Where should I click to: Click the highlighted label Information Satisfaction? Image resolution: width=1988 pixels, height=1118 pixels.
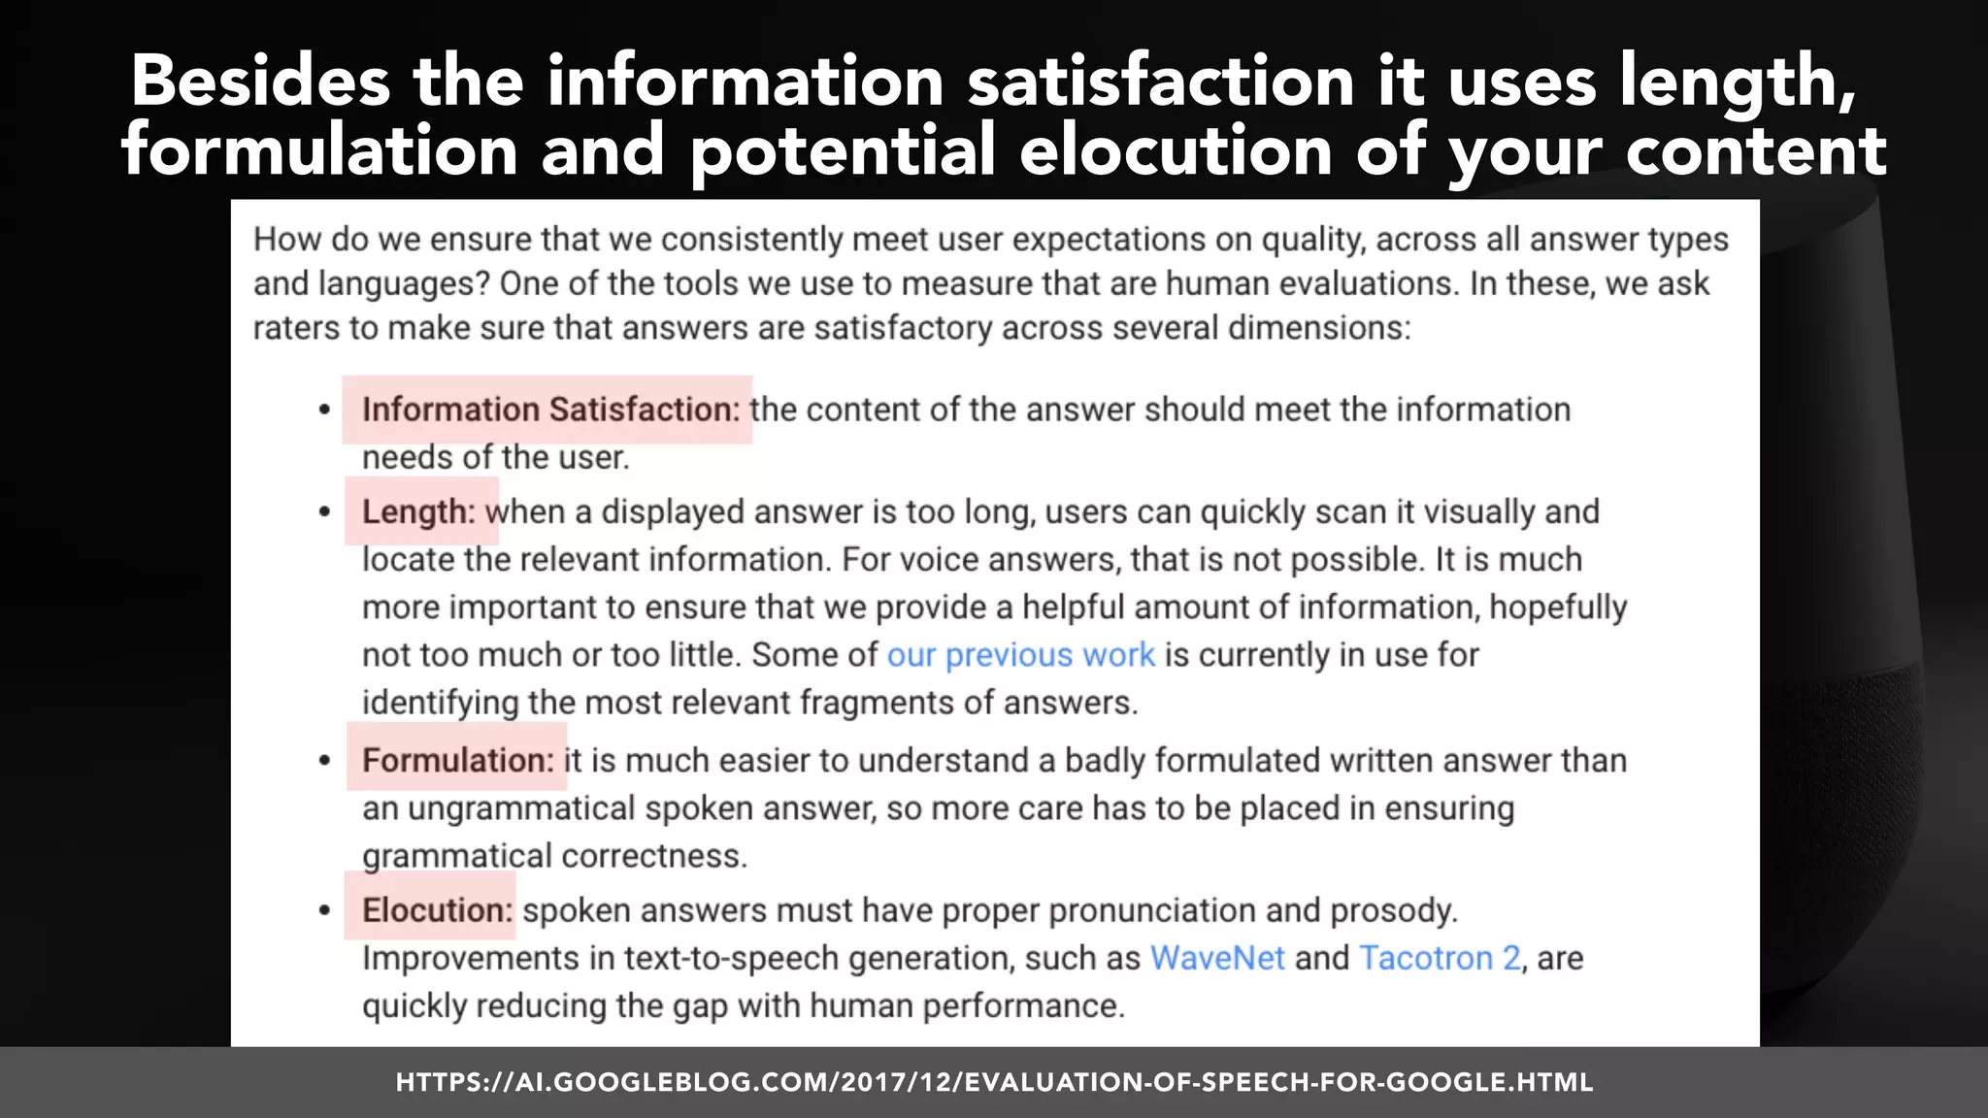click(x=550, y=410)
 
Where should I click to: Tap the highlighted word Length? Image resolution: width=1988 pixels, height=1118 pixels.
click(x=419, y=511)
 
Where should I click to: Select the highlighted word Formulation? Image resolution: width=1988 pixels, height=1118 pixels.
click(x=457, y=760)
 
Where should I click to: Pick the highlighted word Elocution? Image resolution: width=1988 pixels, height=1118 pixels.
click(x=436, y=910)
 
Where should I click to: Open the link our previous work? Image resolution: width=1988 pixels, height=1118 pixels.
click(x=1021, y=655)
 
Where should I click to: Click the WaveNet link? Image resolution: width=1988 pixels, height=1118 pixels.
click(x=1217, y=958)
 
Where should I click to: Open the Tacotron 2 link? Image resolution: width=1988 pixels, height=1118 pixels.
click(x=1440, y=958)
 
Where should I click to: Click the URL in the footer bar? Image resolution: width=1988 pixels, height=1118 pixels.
click(x=994, y=1082)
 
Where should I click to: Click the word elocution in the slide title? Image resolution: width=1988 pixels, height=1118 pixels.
click(x=1176, y=151)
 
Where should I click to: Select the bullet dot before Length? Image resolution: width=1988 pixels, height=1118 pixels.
click(x=325, y=512)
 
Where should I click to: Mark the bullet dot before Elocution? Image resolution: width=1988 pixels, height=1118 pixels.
click(x=325, y=911)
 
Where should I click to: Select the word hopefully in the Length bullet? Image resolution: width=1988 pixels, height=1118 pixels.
click(x=1558, y=608)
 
